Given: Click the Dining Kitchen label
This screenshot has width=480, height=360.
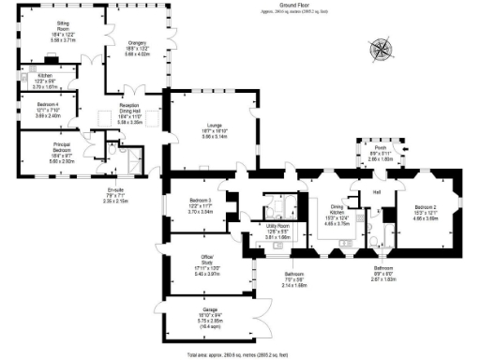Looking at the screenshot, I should click(x=337, y=213).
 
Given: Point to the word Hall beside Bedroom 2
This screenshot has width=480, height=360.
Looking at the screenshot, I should click(x=376, y=193).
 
